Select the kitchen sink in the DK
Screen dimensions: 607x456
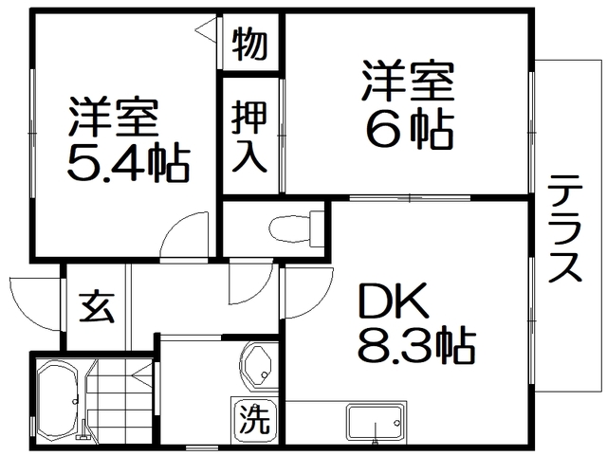(376, 423)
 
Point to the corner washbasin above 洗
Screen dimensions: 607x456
(257, 365)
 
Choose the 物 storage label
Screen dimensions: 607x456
(250, 43)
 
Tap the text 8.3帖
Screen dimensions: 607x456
(416, 348)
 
